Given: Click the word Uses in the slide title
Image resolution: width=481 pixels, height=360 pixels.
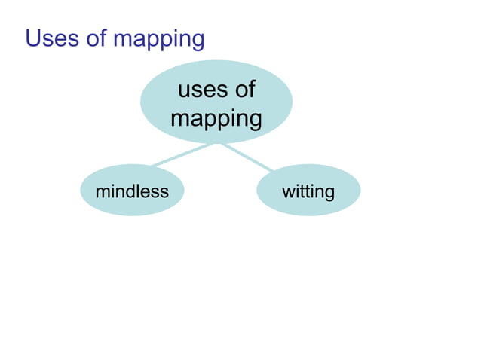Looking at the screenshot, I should click(x=51, y=38).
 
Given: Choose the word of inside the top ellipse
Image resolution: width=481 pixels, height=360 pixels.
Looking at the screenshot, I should click(x=242, y=90).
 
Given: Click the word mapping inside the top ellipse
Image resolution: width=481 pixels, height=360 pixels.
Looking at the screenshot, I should click(x=216, y=119).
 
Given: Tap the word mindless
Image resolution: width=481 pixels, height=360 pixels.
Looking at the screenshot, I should click(x=132, y=191).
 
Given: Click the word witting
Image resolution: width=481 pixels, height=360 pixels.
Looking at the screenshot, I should click(x=308, y=192).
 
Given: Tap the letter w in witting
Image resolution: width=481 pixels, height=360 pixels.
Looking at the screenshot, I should click(x=288, y=192).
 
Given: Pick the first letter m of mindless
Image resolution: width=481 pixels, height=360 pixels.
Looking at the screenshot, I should click(x=102, y=192).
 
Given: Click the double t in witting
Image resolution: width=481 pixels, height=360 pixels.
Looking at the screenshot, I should click(x=305, y=191).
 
